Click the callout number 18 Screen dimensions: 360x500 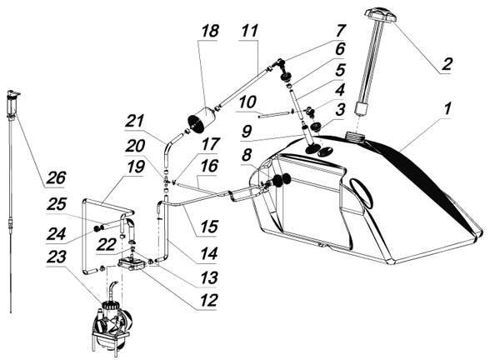click(209, 30)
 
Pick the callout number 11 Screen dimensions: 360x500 click(247, 30)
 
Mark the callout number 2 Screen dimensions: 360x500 click(447, 62)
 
